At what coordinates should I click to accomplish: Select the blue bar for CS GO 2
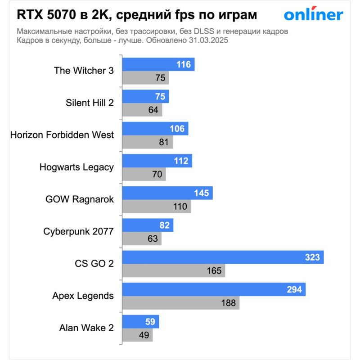pos(223,257)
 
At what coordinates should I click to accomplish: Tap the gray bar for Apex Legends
pos(180,303)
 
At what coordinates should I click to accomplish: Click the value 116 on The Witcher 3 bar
pos(184,65)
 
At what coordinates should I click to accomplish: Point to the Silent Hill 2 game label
pos(90,103)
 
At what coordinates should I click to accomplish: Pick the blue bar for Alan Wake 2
pos(140,322)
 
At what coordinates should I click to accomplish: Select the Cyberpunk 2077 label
pos(78,231)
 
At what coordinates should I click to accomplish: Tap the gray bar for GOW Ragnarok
pos(156,207)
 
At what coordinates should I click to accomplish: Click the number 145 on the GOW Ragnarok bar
pos(202,193)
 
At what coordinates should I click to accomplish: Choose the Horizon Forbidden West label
pos(62,135)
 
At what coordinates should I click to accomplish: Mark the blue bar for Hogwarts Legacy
pos(157,161)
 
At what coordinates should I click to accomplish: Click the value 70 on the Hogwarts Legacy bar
pos(157,174)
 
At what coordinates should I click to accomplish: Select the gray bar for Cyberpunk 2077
pos(142,238)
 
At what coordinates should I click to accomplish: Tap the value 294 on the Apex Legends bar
pos(295,290)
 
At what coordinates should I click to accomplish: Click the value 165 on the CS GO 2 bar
pos(214,271)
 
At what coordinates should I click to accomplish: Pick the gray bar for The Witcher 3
pos(145,78)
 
